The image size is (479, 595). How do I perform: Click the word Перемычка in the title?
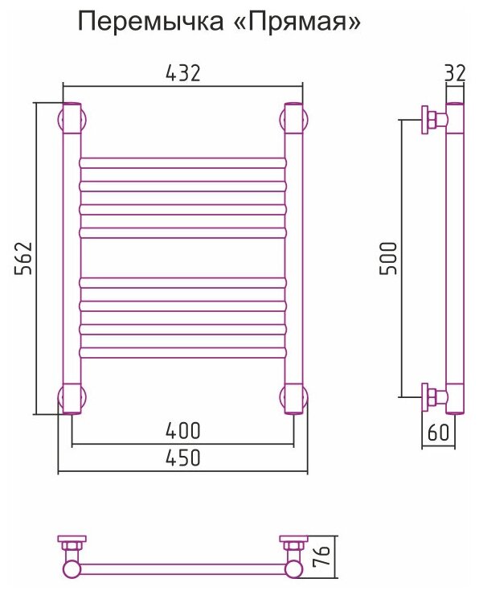(x=150, y=22)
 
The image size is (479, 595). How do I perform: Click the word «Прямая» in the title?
(x=297, y=22)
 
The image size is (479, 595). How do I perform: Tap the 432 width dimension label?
(x=182, y=73)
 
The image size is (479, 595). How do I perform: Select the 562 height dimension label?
(x=23, y=257)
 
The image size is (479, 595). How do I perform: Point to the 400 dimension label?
(x=182, y=430)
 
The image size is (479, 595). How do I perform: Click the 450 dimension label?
(x=182, y=458)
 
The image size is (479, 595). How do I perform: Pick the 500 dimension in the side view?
(x=388, y=258)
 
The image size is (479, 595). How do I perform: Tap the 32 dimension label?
(x=455, y=72)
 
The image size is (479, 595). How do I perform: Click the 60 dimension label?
(x=438, y=432)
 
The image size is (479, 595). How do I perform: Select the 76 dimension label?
(x=321, y=556)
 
